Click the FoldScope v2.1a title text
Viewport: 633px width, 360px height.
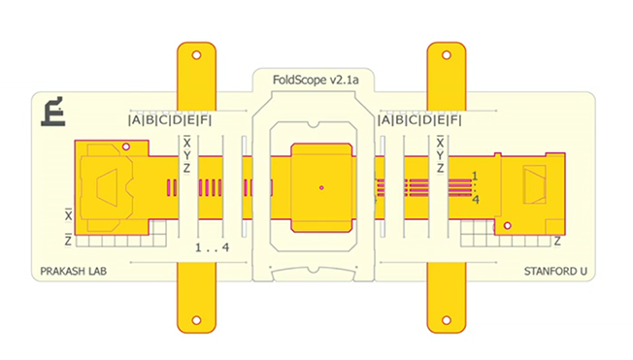[x=316, y=80]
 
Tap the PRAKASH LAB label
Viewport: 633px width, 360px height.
[x=74, y=271]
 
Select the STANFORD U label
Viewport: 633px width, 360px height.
[x=555, y=271]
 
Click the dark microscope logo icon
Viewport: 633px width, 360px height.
[x=52, y=112]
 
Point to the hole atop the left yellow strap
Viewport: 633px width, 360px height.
[x=197, y=55]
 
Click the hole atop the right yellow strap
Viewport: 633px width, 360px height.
[x=447, y=55]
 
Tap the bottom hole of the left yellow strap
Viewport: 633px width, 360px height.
[x=197, y=320]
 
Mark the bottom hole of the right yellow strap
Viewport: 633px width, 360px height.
[x=447, y=320]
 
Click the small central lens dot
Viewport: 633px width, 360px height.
[x=321, y=187]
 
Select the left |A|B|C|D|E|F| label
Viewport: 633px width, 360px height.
[x=170, y=120]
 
